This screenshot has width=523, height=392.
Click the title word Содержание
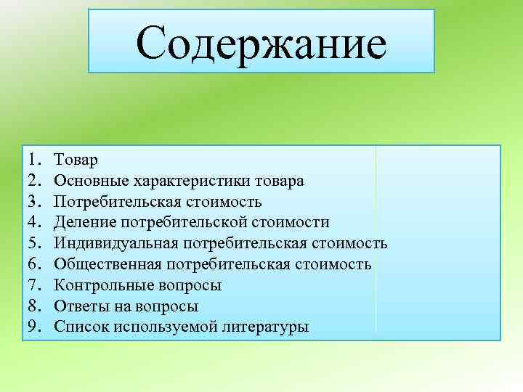coord(261,42)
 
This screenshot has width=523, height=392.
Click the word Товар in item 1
coord(80,159)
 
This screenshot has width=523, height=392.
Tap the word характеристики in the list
coord(179,180)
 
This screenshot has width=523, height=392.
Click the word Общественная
coord(111,264)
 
